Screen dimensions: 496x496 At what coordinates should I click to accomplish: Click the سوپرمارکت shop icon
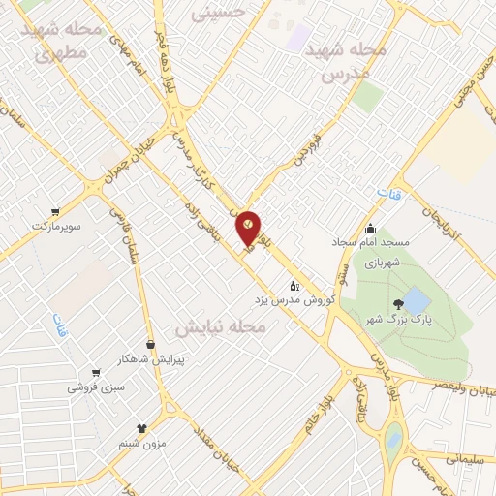(56, 212)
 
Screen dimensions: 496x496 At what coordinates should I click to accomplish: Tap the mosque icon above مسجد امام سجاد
(370, 229)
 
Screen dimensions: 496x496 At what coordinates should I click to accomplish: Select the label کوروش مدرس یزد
(294, 300)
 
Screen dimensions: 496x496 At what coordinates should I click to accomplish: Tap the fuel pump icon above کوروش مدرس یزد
(294, 285)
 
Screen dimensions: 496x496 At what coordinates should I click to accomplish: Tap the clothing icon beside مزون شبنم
(142, 427)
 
